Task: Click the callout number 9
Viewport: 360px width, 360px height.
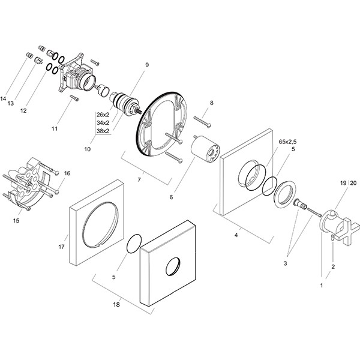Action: tap(146, 64)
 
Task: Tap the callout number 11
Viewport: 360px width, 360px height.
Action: tap(54, 128)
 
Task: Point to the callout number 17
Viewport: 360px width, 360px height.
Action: tap(61, 245)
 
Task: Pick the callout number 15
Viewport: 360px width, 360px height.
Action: tap(16, 221)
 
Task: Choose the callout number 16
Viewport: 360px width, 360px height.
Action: tap(67, 173)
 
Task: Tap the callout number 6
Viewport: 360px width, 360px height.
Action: tap(171, 196)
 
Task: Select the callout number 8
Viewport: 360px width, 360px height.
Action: tap(211, 103)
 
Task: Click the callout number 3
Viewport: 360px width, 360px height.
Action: tap(286, 263)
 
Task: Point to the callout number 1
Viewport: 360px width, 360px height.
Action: tap(322, 286)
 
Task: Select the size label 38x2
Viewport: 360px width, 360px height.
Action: tap(103, 131)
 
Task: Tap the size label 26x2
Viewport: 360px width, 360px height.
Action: tap(103, 115)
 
